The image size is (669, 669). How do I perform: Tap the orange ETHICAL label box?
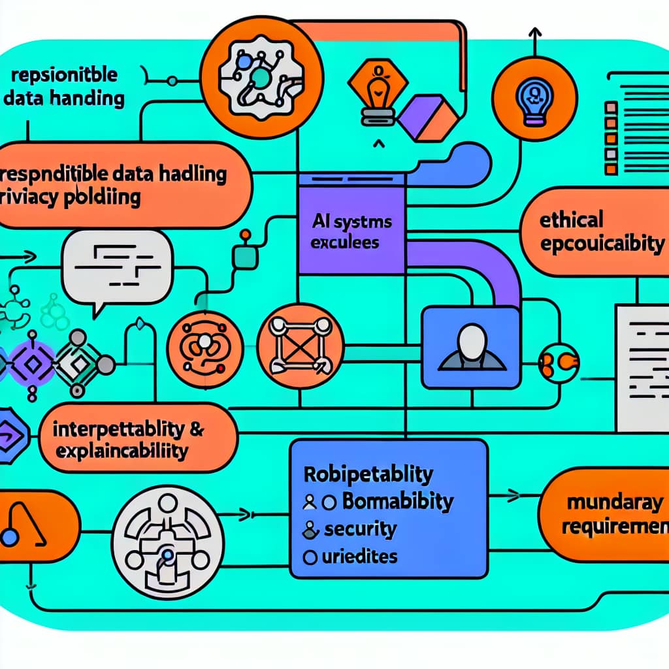595,233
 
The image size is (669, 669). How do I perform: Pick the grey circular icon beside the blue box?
168,542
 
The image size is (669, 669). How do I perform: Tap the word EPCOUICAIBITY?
601,244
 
